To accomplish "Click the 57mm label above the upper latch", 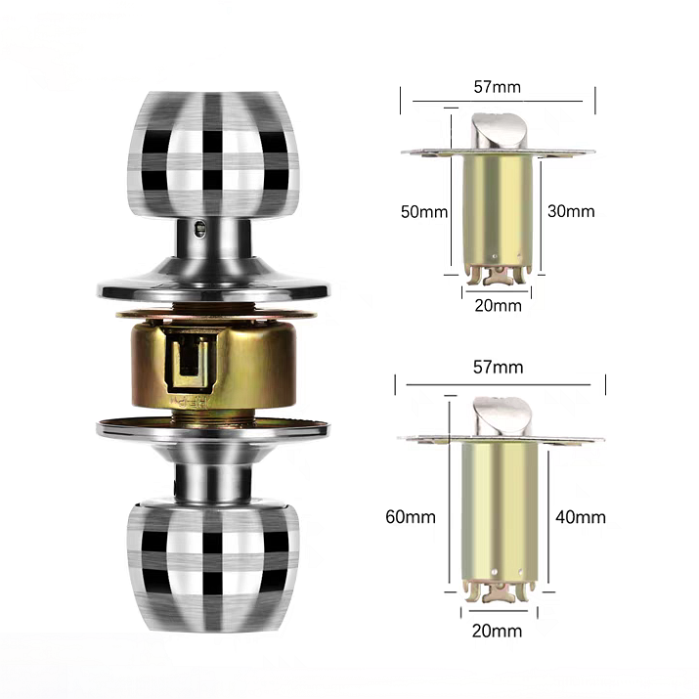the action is [x=497, y=86].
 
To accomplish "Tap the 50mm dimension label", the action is [x=424, y=212].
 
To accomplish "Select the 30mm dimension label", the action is [x=571, y=211].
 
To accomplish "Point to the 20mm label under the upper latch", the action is [x=498, y=306].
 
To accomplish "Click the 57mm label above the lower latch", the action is [x=498, y=368].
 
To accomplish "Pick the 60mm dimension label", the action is [x=411, y=517].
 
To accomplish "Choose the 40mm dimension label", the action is [x=581, y=517].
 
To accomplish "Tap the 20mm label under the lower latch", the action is [x=497, y=631].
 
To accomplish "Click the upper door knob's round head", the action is [x=213, y=154].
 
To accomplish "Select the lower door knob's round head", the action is [x=213, y=566].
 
